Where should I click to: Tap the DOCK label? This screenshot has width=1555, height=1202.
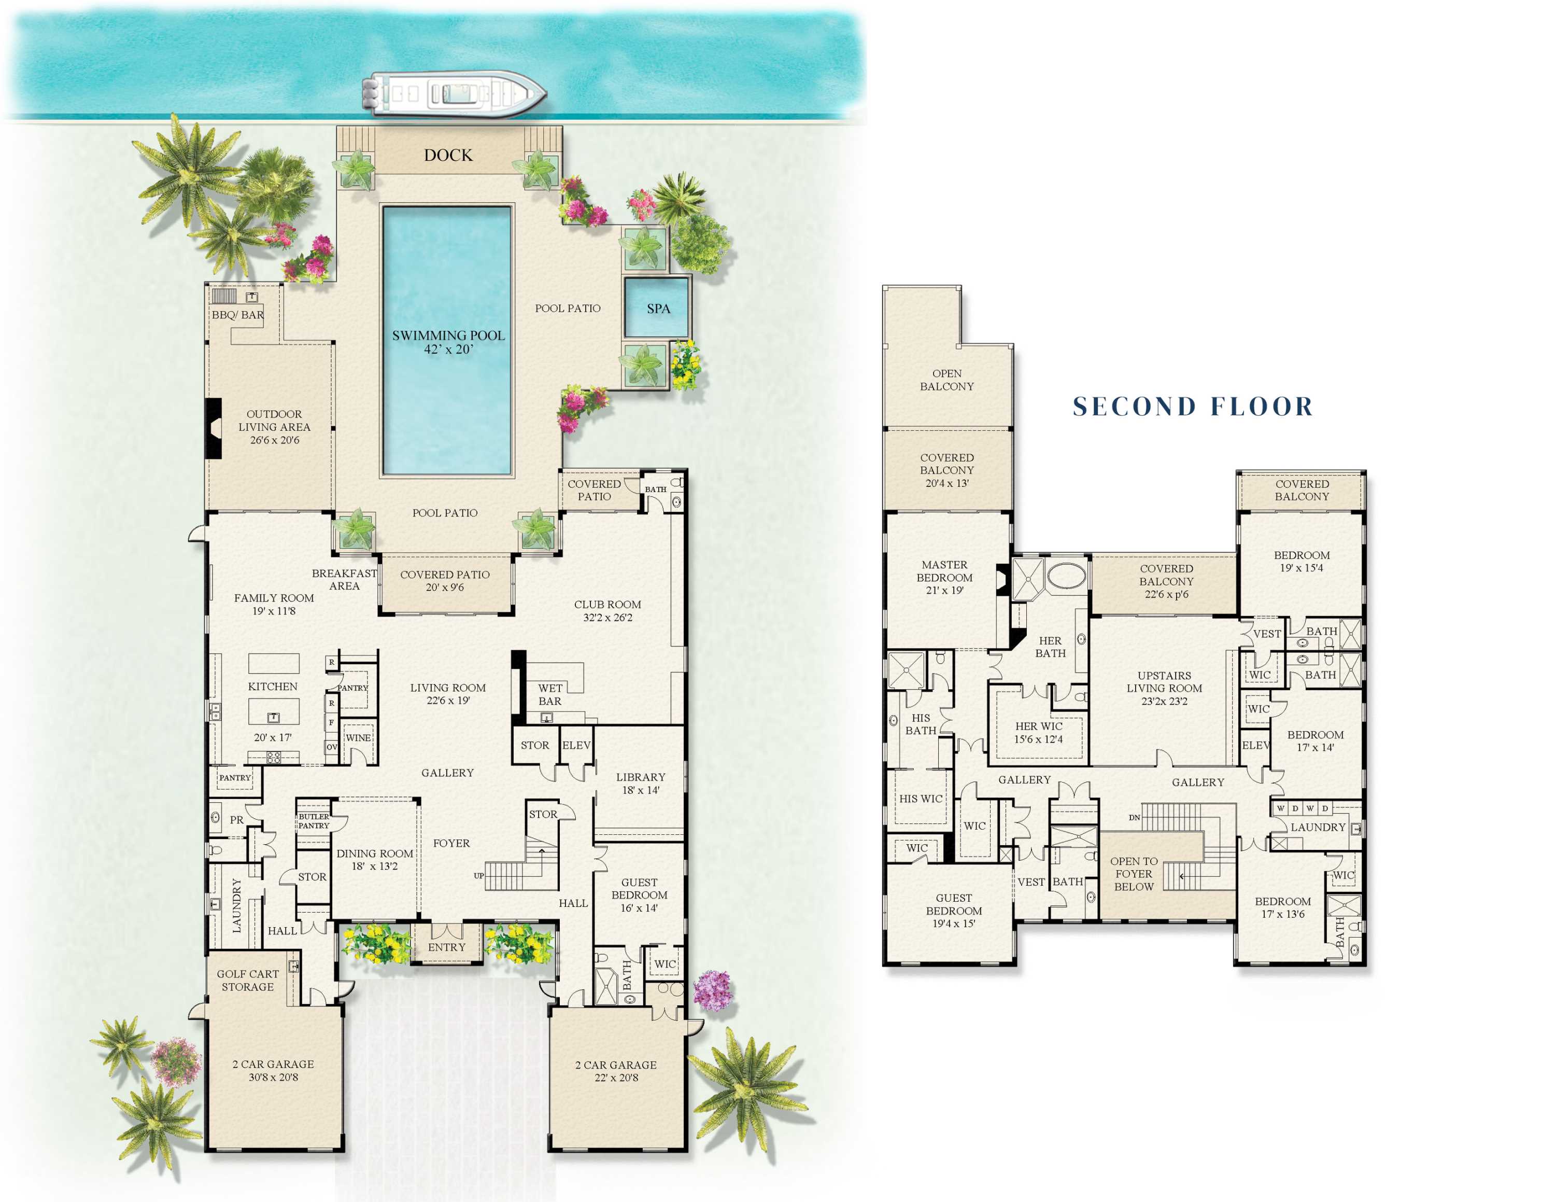[448, 155]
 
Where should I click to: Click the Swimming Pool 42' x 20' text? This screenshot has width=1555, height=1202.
[448, 342]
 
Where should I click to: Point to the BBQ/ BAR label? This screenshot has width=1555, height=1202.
[237, 315]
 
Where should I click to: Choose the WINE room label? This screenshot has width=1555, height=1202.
[358, 738]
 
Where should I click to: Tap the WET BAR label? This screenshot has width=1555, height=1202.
[549, 694]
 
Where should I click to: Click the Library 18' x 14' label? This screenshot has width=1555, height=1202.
[640, 784]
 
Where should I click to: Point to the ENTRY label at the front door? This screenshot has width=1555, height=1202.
[446, 947]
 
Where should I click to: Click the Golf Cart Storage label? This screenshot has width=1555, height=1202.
[247, 980]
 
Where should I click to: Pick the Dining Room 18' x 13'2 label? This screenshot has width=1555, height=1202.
[375, 859]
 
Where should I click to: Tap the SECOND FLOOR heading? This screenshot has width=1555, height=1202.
[1193, 407]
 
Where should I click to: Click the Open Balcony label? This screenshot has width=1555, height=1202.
[946, 380]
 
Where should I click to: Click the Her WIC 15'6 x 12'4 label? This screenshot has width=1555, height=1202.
[1038, 733]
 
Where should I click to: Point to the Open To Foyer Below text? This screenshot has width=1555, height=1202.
[1134, 874]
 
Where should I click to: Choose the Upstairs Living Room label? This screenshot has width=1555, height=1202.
[1164, 688]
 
